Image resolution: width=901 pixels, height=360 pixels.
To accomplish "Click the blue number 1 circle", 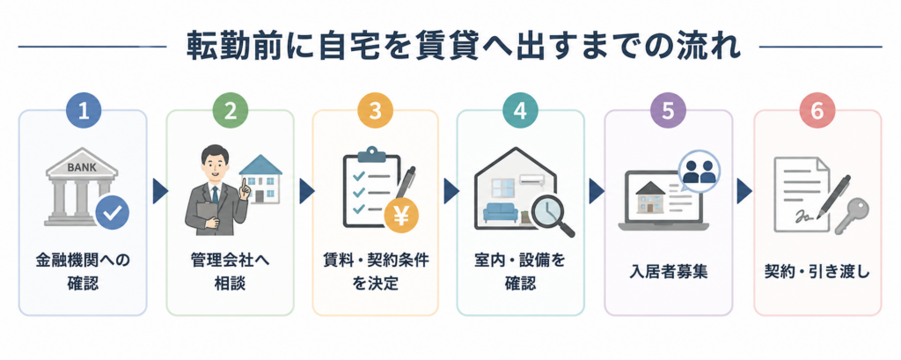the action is [84, 110].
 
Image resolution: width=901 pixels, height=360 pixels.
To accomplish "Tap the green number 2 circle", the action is [230, 110].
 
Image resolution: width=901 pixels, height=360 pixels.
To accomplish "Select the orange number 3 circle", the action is [375, 110].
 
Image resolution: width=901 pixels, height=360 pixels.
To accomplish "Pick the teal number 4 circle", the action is [520, 110].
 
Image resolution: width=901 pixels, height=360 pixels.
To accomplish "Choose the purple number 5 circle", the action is [667, 110].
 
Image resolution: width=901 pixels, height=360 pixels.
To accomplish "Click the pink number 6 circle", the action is [817, 110].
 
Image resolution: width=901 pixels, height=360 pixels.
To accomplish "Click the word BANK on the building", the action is [81, 168].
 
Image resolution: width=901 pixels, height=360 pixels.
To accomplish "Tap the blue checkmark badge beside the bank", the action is [112, 212].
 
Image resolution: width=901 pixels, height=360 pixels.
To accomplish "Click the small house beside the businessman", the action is [260, 179].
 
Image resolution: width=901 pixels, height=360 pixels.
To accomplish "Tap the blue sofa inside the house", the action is [501, 213].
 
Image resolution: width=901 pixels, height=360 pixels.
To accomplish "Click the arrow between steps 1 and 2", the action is [159, 192].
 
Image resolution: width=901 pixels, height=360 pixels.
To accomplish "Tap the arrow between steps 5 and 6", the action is [744, 192].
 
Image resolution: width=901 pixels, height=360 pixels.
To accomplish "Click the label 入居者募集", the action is [668, 271].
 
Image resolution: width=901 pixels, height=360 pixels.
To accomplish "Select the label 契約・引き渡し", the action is [817, 271].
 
